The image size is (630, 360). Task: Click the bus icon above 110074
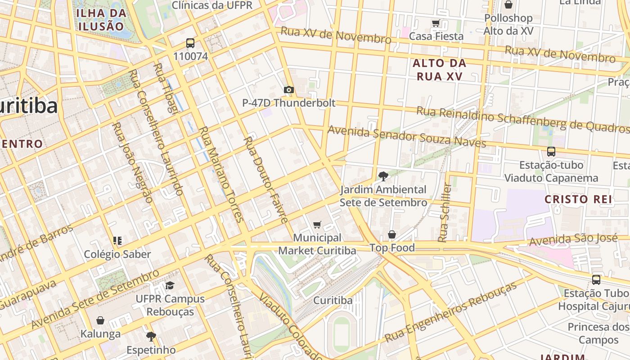(x=190, y=43)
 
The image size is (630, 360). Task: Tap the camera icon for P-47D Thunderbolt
(x=289, y=90)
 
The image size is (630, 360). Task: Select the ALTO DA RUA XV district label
(x=439, y=70)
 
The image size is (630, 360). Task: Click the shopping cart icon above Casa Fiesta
(x=436, y=23)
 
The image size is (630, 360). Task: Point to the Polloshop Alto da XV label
(x=508, y=24)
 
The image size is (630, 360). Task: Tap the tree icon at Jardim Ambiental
(x=383, y=176)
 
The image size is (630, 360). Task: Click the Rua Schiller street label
(x=445, y=212)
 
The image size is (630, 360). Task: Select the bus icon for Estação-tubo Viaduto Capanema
(x=551, y=152)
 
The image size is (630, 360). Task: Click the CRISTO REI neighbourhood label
(x=578, y=199)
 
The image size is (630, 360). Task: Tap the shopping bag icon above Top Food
(x=392, y=234)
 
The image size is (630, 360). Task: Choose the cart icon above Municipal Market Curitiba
(x=317, y=225)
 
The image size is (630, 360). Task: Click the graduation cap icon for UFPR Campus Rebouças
(x=170, y=285)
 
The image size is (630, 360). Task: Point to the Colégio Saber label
(x=117, y=254)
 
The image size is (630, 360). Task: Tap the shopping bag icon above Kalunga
(x=100, y=320)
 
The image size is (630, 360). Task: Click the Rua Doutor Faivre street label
(x=265, y=180)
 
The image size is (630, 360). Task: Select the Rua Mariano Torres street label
(x=221, y=174)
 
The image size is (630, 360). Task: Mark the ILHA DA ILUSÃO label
(x=101, y=19)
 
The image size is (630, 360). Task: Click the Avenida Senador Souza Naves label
(x=407, y=136)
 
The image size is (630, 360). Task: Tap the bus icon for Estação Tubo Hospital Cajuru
(x=596, y=279)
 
